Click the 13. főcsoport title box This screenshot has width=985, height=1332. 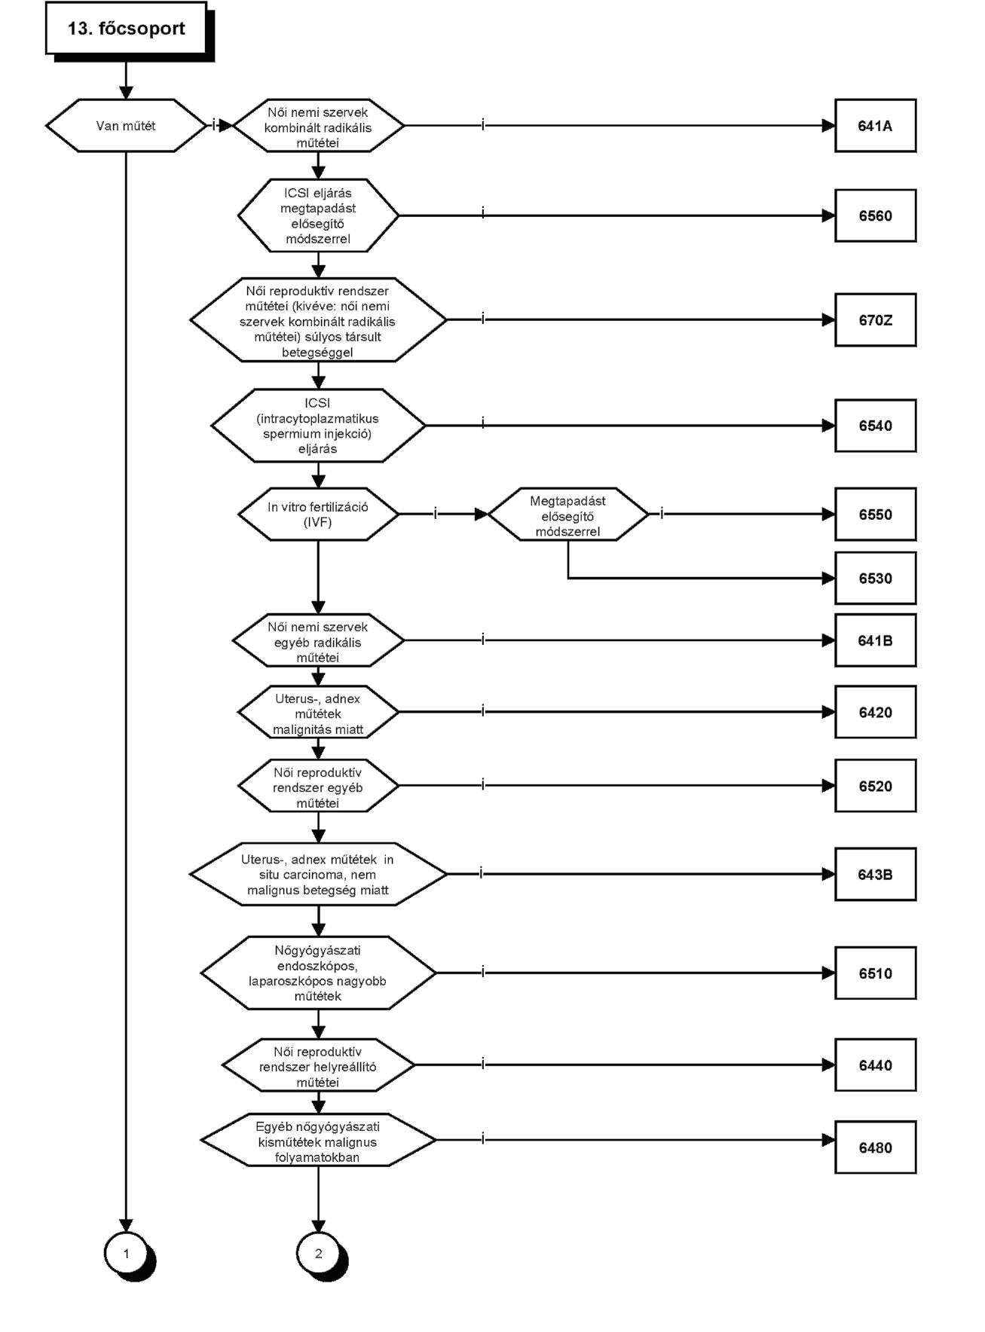click(127, 29)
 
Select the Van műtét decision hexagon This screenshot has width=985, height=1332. click(126, 126)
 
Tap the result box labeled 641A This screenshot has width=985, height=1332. click(875, 126)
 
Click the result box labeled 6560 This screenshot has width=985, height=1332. click(875, 215)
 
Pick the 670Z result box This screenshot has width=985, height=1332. click(875, 320)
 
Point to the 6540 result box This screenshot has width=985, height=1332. click(875, 426)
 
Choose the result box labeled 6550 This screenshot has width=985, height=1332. click(875, 515)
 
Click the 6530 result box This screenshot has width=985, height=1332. click(875, 579)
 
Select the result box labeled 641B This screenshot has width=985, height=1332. click(875, 640)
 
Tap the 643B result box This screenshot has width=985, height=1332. click(875, 875)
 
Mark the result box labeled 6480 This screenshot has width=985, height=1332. click(875, 1147)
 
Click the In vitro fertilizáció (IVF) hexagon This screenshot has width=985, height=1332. click(318, 515)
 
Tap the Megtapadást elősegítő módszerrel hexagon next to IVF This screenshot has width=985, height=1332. click(567, 515)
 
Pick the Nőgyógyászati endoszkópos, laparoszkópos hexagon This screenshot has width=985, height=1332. click(318, 973)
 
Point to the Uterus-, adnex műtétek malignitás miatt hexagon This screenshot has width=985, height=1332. click(318, 712)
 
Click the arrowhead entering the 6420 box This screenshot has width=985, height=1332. click(828, 712)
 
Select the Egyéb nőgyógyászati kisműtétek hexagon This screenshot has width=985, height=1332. click(318, 1141)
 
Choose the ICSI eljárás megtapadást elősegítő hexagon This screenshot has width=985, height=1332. click(318, 215)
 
